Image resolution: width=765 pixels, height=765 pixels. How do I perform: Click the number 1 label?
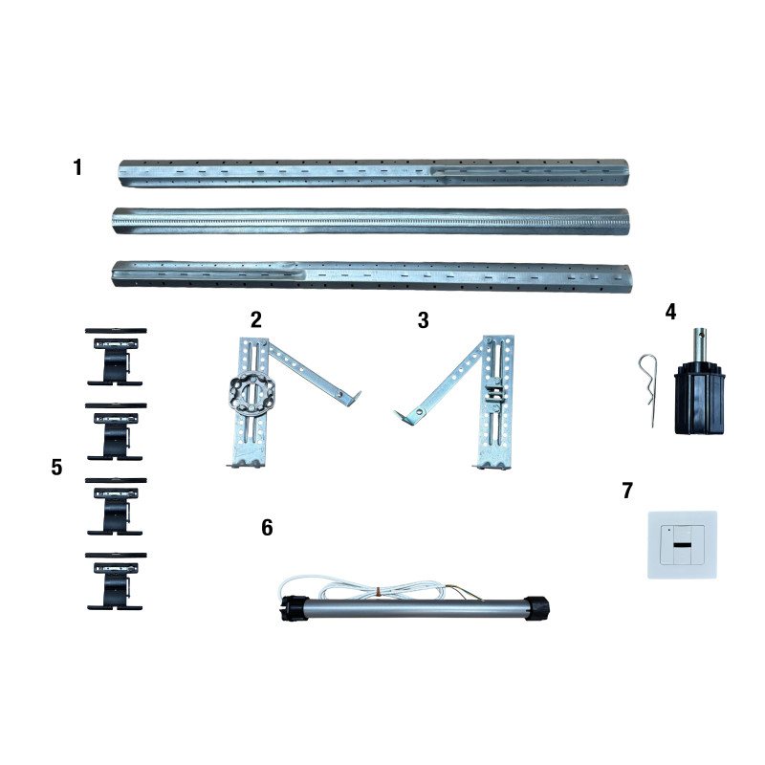click(x=77, y=166)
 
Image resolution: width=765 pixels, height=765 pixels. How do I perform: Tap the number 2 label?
click(x=256, y=320)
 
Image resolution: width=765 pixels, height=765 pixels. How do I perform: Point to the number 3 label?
click(x=423, y=320)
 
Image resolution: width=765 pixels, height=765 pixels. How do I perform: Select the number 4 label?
click(x=671, y=312)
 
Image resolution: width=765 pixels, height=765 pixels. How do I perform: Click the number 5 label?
click(x=56, y=468)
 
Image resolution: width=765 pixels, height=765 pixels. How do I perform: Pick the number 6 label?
click(x=267, y=528)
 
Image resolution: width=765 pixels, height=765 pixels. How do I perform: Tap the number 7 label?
click(x=627, y=491)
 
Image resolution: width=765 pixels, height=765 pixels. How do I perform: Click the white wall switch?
click(x=682, y=544)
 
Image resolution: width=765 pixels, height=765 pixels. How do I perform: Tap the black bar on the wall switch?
click(x=682, y=544)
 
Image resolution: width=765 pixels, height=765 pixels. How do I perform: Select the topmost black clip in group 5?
click(x=116, y=357)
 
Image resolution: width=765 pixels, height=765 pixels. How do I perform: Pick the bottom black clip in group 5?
click(x=116, y=581)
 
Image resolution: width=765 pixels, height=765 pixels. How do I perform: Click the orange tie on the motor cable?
click(x=379, y=591)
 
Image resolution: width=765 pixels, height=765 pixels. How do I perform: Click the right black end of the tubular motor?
click(x=537, y=607)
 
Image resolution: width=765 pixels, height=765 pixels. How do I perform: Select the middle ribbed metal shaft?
click(x=371, y=222)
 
